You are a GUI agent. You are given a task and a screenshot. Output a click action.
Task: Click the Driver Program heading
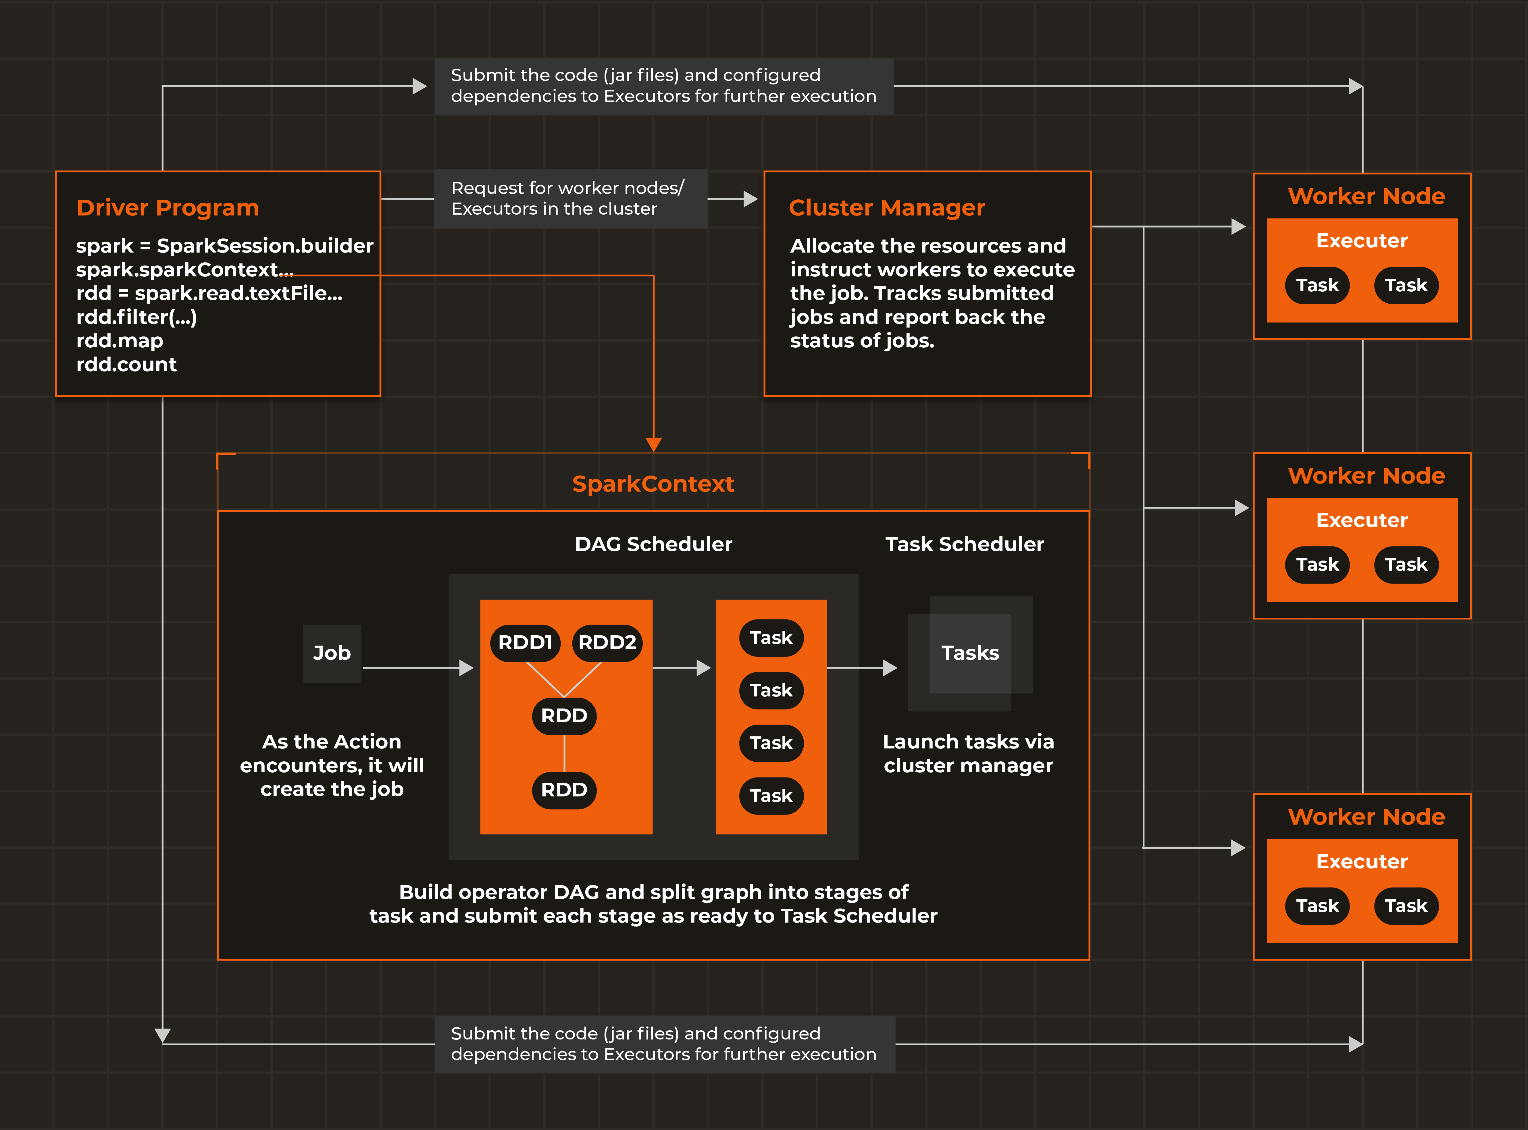pos(168,207)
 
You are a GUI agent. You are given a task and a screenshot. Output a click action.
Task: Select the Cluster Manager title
pos(886,207)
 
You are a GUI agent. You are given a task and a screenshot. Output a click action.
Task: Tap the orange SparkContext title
pos(653,484)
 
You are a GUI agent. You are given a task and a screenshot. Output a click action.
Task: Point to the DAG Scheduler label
pos(653,544)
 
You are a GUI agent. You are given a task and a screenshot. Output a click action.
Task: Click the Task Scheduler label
pos(964,544)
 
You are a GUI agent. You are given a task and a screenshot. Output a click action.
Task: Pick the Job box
pos(332,653)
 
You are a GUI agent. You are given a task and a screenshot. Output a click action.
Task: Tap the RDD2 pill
pos(607,642)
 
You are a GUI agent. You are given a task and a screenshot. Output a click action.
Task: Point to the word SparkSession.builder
pos(265,246)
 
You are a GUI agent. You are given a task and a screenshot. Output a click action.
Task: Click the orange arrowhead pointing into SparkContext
pos(653,444)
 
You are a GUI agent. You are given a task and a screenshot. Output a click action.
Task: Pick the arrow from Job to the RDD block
pos(417,668)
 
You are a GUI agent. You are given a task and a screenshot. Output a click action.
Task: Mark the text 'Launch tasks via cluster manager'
pos(968,753)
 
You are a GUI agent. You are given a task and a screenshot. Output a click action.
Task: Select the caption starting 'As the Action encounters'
pos(332,765)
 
